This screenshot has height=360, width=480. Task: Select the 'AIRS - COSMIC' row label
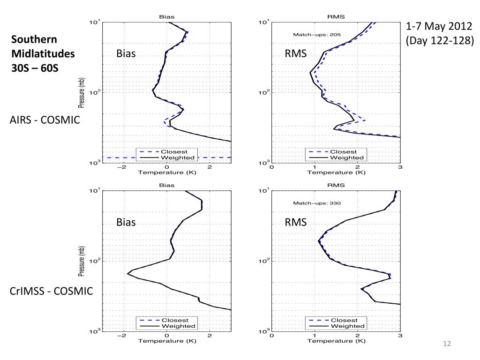(45, 120)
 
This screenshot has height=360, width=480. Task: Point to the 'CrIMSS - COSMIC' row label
(52, 291)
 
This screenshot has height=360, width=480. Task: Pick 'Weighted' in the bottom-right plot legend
(348, 326)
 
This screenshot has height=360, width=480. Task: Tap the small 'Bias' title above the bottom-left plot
(166, 185)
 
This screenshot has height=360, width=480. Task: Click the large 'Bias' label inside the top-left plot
(126, 54)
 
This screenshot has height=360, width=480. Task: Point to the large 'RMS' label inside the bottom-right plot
(296, 222)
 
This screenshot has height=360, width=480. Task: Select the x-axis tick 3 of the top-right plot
(400, 167)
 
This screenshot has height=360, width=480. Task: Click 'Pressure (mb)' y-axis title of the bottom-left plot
(82, 260)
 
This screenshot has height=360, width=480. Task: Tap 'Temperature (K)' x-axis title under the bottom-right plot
(336, 341)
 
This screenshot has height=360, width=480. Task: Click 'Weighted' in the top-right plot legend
(348, 157)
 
